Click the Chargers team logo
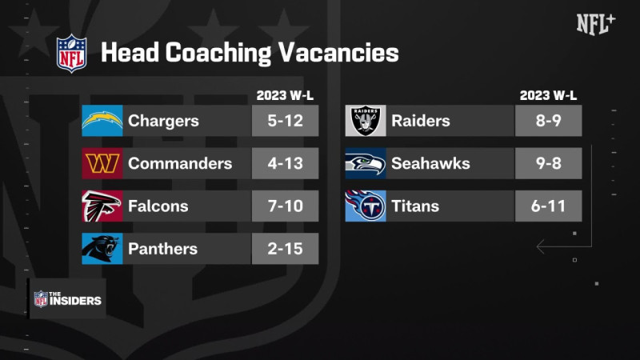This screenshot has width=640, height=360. [x=102, y=121]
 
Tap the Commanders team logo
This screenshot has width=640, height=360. [x=102, y=163]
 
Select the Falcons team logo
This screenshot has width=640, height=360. [x=102, y=206]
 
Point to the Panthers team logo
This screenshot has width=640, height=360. [x=102, y=249]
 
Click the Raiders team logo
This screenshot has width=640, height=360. [x=366, y=121]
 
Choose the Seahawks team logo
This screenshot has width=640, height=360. [x=366, y=163]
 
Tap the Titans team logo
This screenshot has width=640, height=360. [x=366, y=206]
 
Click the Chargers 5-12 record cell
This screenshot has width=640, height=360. [x=285, y=121]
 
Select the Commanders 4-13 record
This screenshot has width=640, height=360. [x=285, y=163]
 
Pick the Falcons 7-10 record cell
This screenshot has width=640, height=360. [x=285, y=206]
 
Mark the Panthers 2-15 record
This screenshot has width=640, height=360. [x=285, y=249]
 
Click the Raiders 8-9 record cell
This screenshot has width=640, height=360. [x=548, y=121]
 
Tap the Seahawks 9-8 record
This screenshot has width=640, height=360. [x=548, y=163]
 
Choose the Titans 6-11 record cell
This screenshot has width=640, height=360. [x=548, y=206]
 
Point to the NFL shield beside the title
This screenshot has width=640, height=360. [x=70, y=53]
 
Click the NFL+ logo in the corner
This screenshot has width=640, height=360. [x=596, y=24]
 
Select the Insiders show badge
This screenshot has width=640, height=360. [x=67, y=298]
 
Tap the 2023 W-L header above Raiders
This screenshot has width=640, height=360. [x=548, y=96]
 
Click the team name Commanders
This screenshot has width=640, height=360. [x=180, y=163]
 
